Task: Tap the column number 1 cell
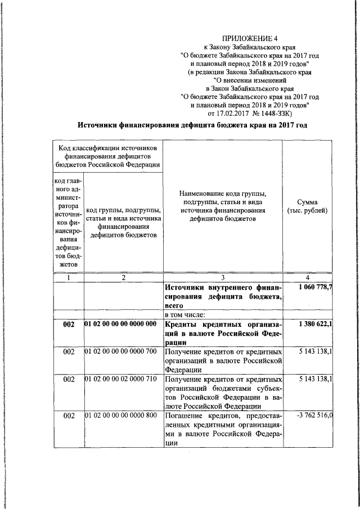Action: click(68, 278)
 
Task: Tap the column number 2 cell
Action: click(124, 278)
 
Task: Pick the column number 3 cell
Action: click(223, 278)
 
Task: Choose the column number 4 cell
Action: click(307, 278)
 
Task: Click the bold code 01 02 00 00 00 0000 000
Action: click(120, 325)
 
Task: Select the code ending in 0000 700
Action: click(120, 351)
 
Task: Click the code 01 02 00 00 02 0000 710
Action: click(120, 380)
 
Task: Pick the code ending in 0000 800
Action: click(120, 415)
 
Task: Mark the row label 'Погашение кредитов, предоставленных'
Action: click(223, 415)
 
